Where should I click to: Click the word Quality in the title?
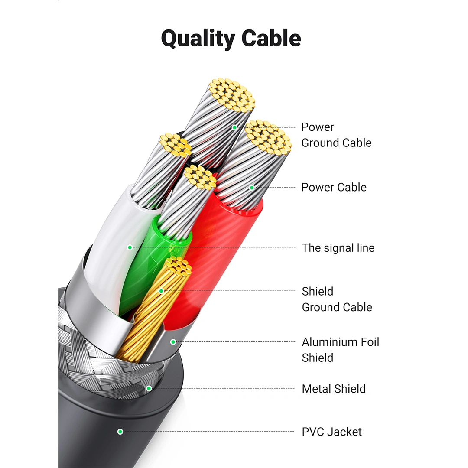point(198,39)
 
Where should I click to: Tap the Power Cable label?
point(334,187)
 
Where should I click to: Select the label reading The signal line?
point(338,248)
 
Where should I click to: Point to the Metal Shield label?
point(334,389)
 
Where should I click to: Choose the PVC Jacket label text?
point(331,432)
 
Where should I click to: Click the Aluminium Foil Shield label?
point(340,350)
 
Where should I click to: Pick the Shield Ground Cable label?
point(337,299)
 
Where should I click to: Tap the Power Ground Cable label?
point(336,135)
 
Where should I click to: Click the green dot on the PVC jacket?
point(120,432)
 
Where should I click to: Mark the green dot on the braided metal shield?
point(149,389)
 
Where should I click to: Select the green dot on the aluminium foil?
point(173,342)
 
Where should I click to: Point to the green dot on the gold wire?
point(161,291)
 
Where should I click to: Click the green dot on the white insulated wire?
point(130,247)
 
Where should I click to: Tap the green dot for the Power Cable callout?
point(252,188)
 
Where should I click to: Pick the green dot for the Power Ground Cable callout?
point(234,127)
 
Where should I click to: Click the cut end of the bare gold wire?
point(178,266)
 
